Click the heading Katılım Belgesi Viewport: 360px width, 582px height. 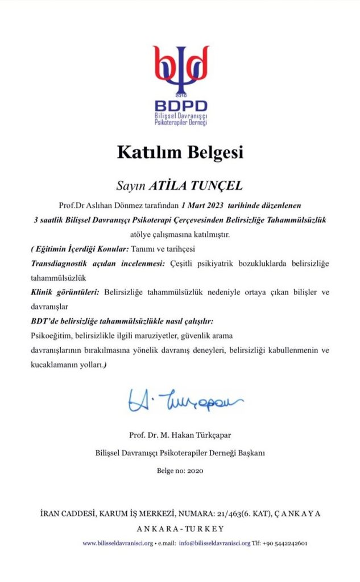180,152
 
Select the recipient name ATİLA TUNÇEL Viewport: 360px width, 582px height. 195,185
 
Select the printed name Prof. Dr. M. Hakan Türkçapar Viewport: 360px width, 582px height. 180,436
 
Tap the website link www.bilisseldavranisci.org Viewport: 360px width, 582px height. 118,543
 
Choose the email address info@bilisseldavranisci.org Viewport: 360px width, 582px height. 213,543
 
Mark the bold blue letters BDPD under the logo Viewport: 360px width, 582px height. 180,106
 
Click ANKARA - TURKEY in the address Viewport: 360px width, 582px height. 180,527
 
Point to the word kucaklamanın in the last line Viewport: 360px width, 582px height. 52,365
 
